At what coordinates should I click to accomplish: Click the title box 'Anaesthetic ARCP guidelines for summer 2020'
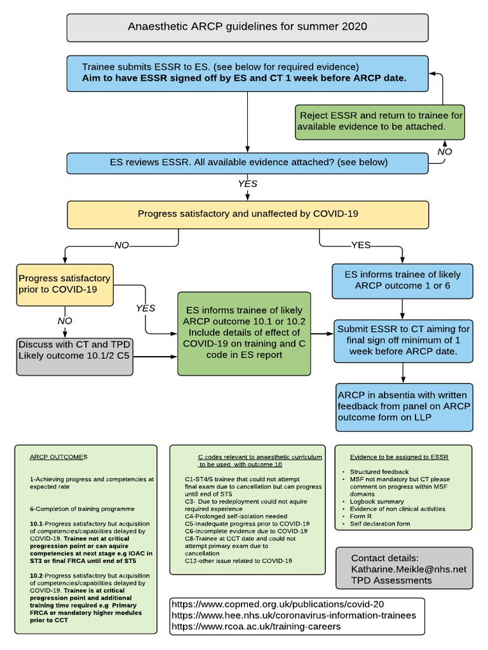[x=247, y=27]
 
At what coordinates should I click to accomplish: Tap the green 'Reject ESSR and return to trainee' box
[x=380, y=122]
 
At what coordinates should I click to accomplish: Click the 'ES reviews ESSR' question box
[x=247, y=162]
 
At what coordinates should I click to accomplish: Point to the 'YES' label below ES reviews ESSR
[x=247, y=183]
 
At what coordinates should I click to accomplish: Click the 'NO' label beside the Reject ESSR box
[x=444, y=152]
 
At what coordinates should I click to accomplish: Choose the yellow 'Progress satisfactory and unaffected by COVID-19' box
[x=247, y=214]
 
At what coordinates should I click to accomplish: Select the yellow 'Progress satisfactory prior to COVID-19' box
[x=64, y=284]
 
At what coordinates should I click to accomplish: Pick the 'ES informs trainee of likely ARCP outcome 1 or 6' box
[x=402, y=281]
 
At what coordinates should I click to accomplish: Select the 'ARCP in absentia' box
[x=404, y=406]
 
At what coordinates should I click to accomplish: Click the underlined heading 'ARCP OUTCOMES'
[x=59, y=457]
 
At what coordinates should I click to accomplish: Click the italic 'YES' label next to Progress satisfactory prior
[x=146, y=308]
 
